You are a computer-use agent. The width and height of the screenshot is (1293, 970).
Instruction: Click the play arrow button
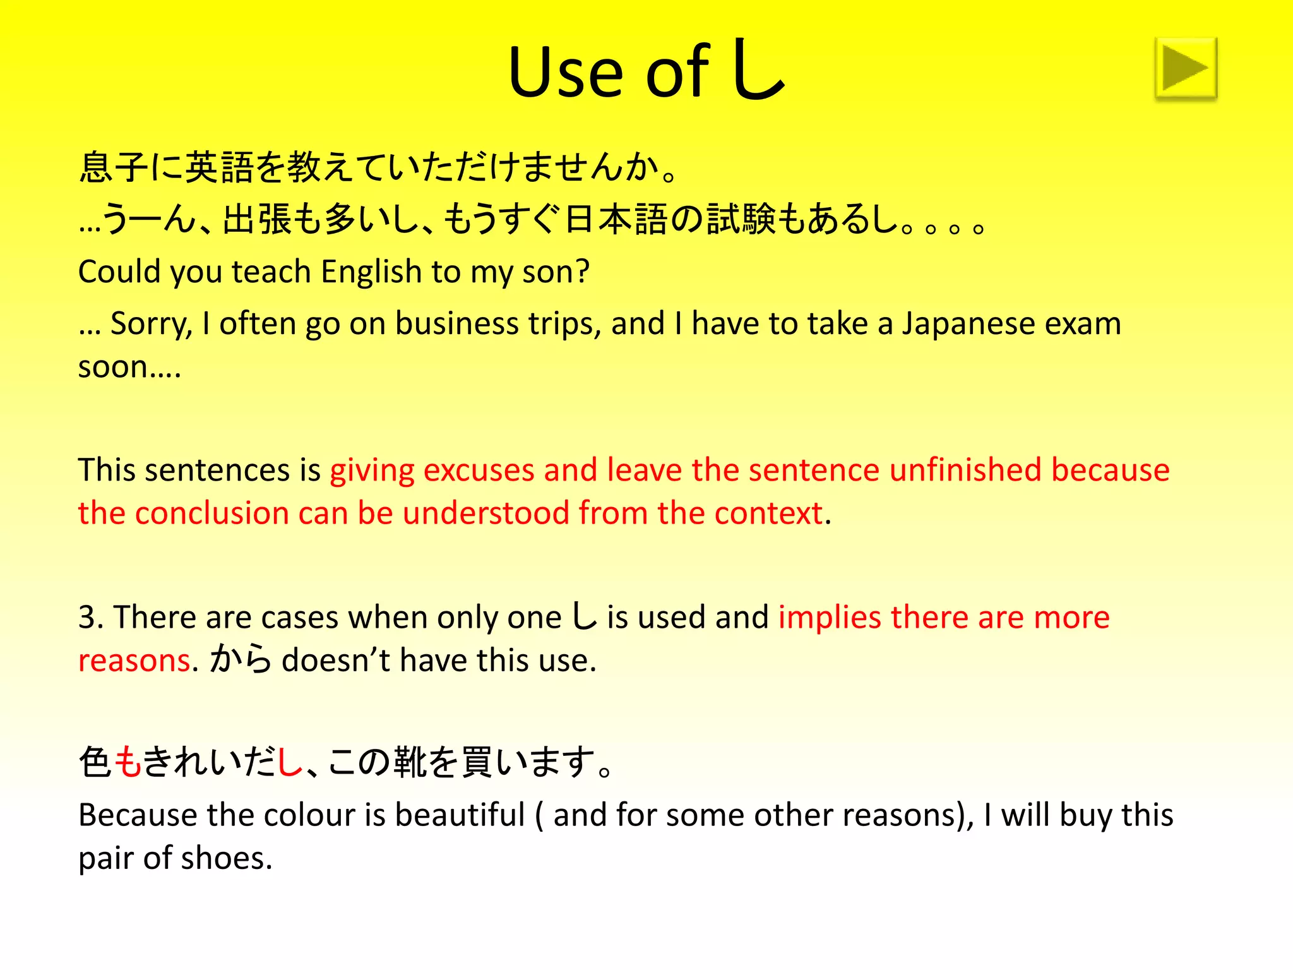click(1186, 68)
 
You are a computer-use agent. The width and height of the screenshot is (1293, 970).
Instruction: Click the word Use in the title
click(566, 73)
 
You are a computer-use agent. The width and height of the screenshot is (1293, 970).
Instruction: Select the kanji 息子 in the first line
click(114, 167)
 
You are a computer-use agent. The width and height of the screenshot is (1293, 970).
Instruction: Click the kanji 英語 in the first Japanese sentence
click(219, 167)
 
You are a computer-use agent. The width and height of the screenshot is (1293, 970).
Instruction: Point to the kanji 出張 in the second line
click(257, 219)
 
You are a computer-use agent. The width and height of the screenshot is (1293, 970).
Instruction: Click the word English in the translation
click(371, 272)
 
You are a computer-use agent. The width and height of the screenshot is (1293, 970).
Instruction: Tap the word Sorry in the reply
click(150, 324)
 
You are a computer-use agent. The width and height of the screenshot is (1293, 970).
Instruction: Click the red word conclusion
click(212, 513)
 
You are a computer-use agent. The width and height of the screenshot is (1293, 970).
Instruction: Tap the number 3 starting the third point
click(87, 618)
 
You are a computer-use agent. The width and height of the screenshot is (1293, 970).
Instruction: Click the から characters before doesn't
click(241, 660)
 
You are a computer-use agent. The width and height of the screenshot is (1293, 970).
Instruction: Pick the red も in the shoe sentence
click(128, 762)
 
